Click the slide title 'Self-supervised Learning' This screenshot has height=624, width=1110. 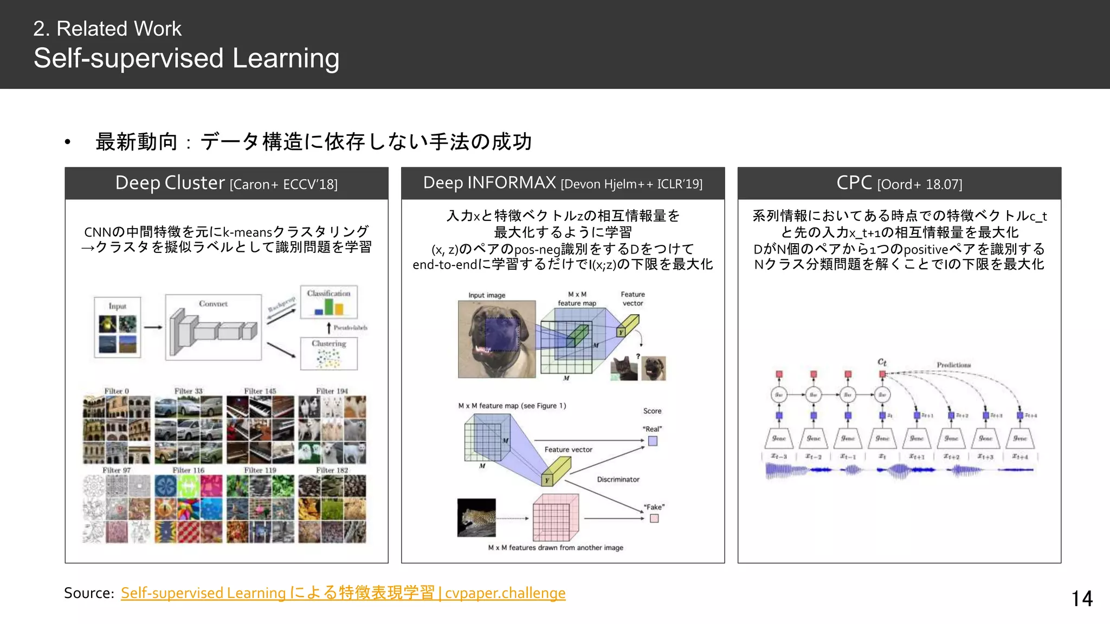[x=186, y=58]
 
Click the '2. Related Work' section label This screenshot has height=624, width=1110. [x=107, y=29]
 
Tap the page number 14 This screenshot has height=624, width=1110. [x=1082, y=599]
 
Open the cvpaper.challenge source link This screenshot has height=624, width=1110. [x=343, y=593]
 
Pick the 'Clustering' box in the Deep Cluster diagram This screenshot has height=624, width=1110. [x=329, y=354]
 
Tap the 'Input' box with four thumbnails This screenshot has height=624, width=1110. [x=118, y=327]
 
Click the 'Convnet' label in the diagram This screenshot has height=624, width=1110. [x=213, y=304]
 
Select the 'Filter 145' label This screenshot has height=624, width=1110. [x=260, y=391]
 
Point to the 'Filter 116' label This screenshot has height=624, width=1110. [x=189, y=470]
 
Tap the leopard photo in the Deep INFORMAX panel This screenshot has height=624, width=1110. [x=476, y=518]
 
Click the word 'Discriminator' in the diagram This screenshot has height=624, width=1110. [x=618, y=479]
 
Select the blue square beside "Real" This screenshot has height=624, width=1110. [x=653, y=441]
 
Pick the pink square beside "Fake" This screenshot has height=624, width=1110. [x=654, y=518]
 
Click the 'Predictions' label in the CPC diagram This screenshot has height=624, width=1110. [x=954, y=365]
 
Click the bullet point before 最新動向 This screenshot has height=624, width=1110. [x=68, y=142]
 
